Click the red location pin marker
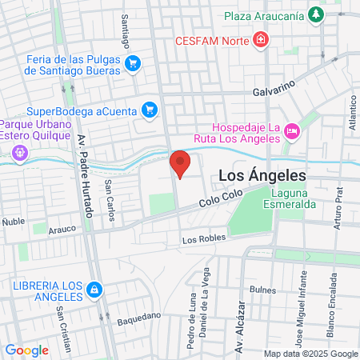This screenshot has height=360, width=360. (181, 163)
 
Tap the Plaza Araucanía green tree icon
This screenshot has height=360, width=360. (318, 14)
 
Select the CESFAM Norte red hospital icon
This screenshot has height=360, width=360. (261, 39)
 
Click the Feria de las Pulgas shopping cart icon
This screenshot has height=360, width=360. (133, 63)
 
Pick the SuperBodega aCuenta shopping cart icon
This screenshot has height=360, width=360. (149, 110)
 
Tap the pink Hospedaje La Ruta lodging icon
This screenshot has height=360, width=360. (291, 130)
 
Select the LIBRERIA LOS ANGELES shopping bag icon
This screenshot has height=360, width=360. (94, 288)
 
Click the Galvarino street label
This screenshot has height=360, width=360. (274, 89)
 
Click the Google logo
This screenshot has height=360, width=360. (26, 350)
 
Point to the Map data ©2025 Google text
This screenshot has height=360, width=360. (311, 354)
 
